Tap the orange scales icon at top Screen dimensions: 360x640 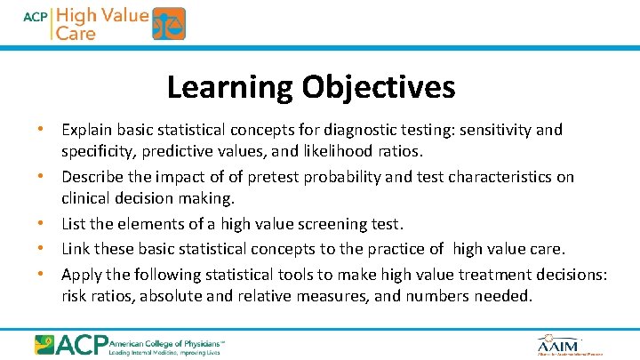pyautogui.click(x=169, y=24)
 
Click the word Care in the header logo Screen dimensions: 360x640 pyautogui.click(x=76, y=33)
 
